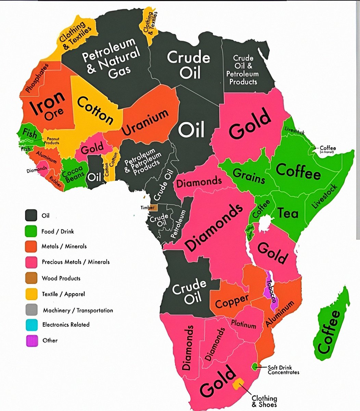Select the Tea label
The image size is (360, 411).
pyautogui.click(x=288, y=213)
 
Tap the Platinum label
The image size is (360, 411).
pyautogui.click(x=243, y=324)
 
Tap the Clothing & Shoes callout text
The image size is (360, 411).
pyautogui.click(x=264, y=401)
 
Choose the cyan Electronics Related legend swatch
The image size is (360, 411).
pyautogui.click(x=31, y=325)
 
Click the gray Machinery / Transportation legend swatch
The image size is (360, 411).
pyautogui.click(x=31, y=310)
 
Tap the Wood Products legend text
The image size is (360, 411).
pyautogui.click(x=61, y=278)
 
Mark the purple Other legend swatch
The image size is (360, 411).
pyautogui.click(x=31, y=341)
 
